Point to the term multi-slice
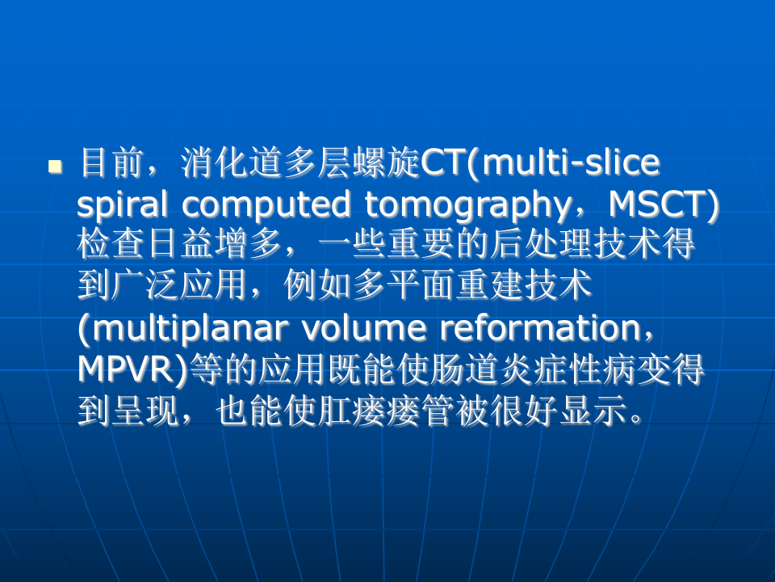[x=571, y=164]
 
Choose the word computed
[x=267, y=206]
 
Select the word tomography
[x=456, y=206]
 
